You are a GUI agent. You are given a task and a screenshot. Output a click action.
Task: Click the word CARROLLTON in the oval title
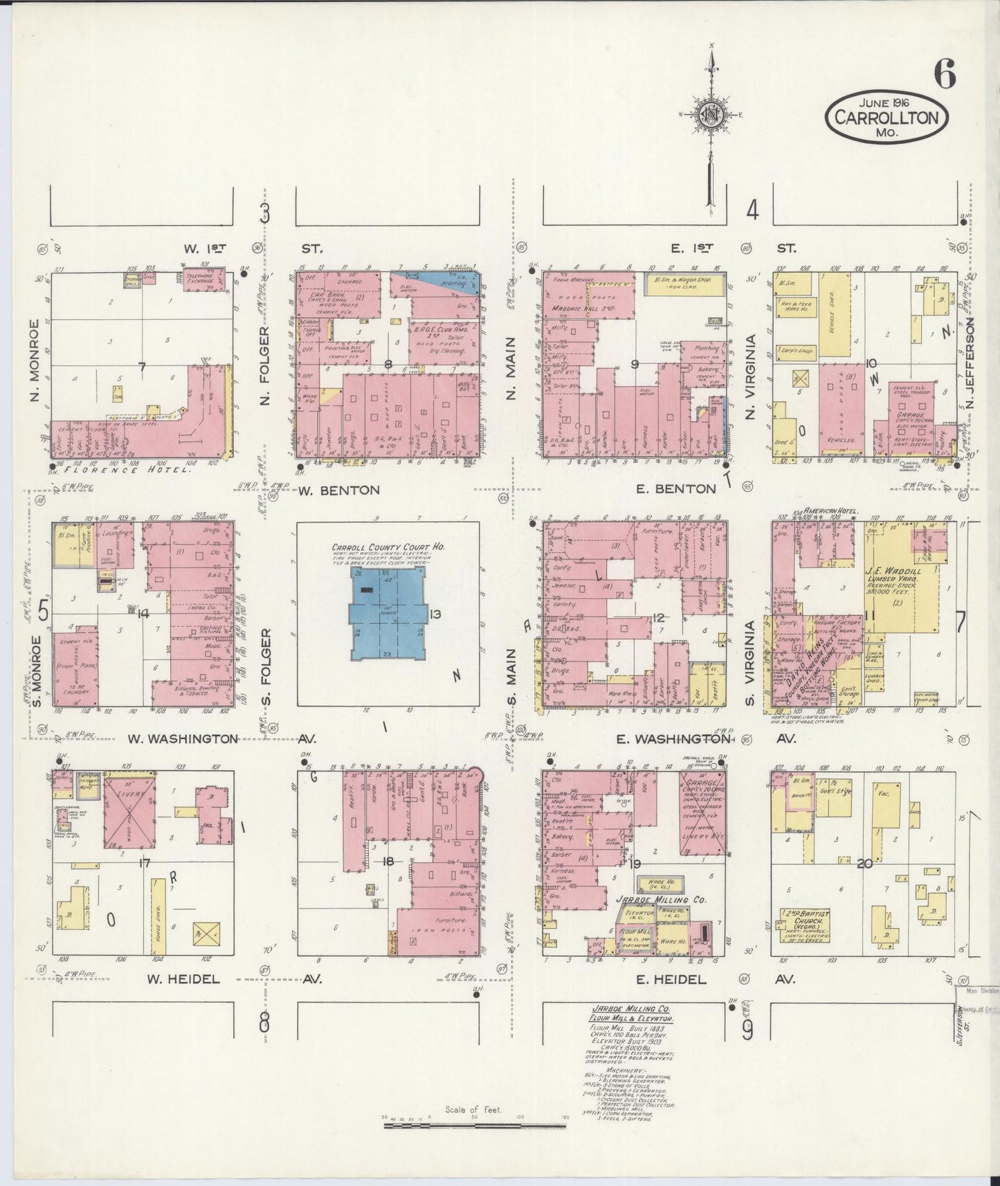point(886,116)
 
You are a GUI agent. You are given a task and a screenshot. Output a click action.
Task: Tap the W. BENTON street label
point(339,490)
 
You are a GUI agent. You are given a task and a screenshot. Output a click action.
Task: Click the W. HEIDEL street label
point(183,979)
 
